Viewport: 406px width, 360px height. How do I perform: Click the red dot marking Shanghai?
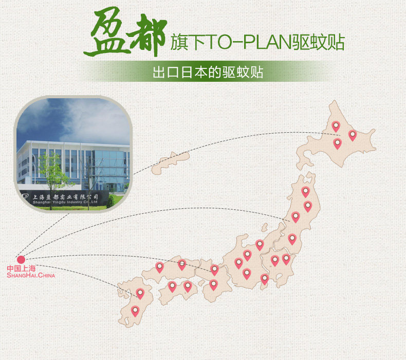click(21, 259)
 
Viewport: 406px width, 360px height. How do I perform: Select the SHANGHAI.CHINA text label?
click(31, 276)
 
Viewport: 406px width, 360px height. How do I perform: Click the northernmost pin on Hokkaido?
click(336, 125)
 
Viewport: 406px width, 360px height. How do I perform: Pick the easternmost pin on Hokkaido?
click(353, 135)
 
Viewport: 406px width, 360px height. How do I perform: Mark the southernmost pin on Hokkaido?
click(337, 143)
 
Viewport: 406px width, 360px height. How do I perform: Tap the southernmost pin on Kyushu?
click(135, 310)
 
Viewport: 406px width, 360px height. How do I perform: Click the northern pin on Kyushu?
click(140, 293)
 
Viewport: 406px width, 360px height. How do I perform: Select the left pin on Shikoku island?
click(172, 286)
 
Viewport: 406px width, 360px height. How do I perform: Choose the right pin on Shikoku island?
click(188, 286)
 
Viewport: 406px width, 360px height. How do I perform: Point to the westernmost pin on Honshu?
click(159, 267)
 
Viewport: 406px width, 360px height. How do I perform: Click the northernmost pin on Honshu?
click(305, 191)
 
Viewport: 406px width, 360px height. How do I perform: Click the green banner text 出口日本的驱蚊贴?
click(208, 73)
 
